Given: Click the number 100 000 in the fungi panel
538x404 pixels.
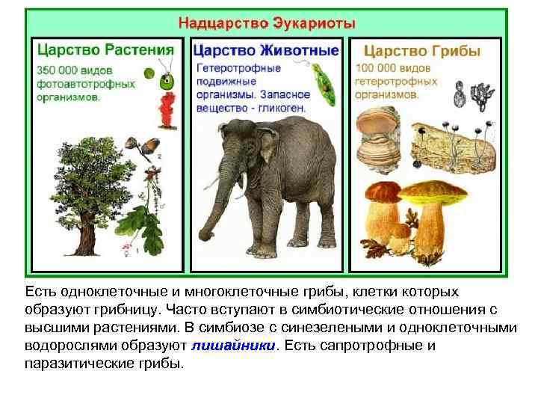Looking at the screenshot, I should click(x=385, y=68).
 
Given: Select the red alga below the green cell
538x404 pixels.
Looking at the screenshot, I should click(x=167, y=104).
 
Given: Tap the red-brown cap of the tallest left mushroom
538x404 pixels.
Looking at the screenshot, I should click(x=385, y=191).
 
